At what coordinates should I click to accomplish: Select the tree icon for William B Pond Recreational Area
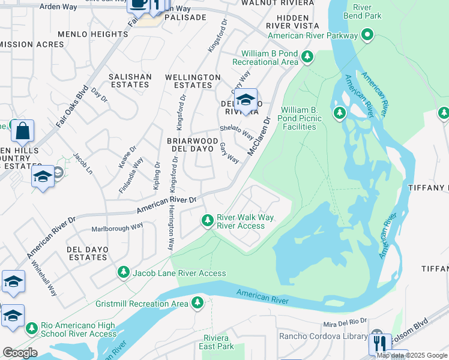307,57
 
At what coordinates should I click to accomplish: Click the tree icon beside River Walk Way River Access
208,221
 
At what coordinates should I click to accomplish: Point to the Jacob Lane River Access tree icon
123,273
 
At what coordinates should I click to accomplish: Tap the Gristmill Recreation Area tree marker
197,304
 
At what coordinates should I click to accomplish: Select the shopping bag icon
23,130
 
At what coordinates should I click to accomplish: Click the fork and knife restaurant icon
379,344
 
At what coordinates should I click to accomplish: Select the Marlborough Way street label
117,227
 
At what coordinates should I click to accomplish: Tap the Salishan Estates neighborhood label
129,80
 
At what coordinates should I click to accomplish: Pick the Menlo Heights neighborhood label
93,34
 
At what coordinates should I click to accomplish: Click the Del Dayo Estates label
88,253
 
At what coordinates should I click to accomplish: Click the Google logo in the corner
20,353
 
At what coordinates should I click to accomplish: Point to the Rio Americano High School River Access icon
32,329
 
